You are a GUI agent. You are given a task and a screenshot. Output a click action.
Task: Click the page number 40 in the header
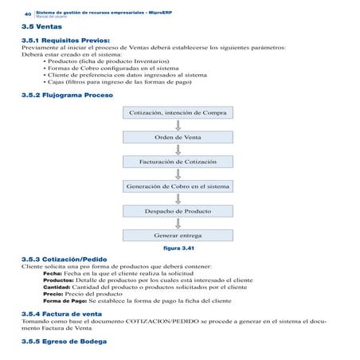click(28, 14)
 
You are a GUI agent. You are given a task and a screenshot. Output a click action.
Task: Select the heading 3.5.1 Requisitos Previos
click(65, 39)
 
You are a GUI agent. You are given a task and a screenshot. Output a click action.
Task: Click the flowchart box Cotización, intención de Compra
click(178, 112)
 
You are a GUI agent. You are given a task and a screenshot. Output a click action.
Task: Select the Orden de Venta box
click(178, 137)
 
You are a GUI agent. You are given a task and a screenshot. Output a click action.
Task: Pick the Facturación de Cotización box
click(178, 162)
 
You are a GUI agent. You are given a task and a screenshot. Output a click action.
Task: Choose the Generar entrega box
click(178, 236)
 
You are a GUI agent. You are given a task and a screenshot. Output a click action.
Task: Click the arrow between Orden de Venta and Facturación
click(178, 149)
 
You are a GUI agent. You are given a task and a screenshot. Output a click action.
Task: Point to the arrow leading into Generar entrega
click(178, 224)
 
